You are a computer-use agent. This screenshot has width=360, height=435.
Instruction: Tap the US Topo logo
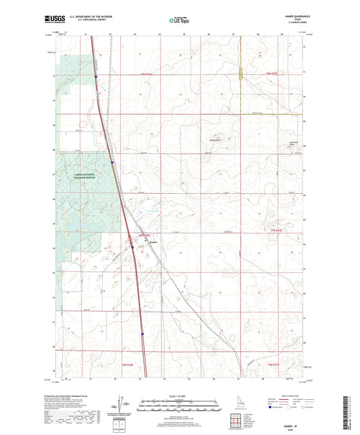click(179, 20)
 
